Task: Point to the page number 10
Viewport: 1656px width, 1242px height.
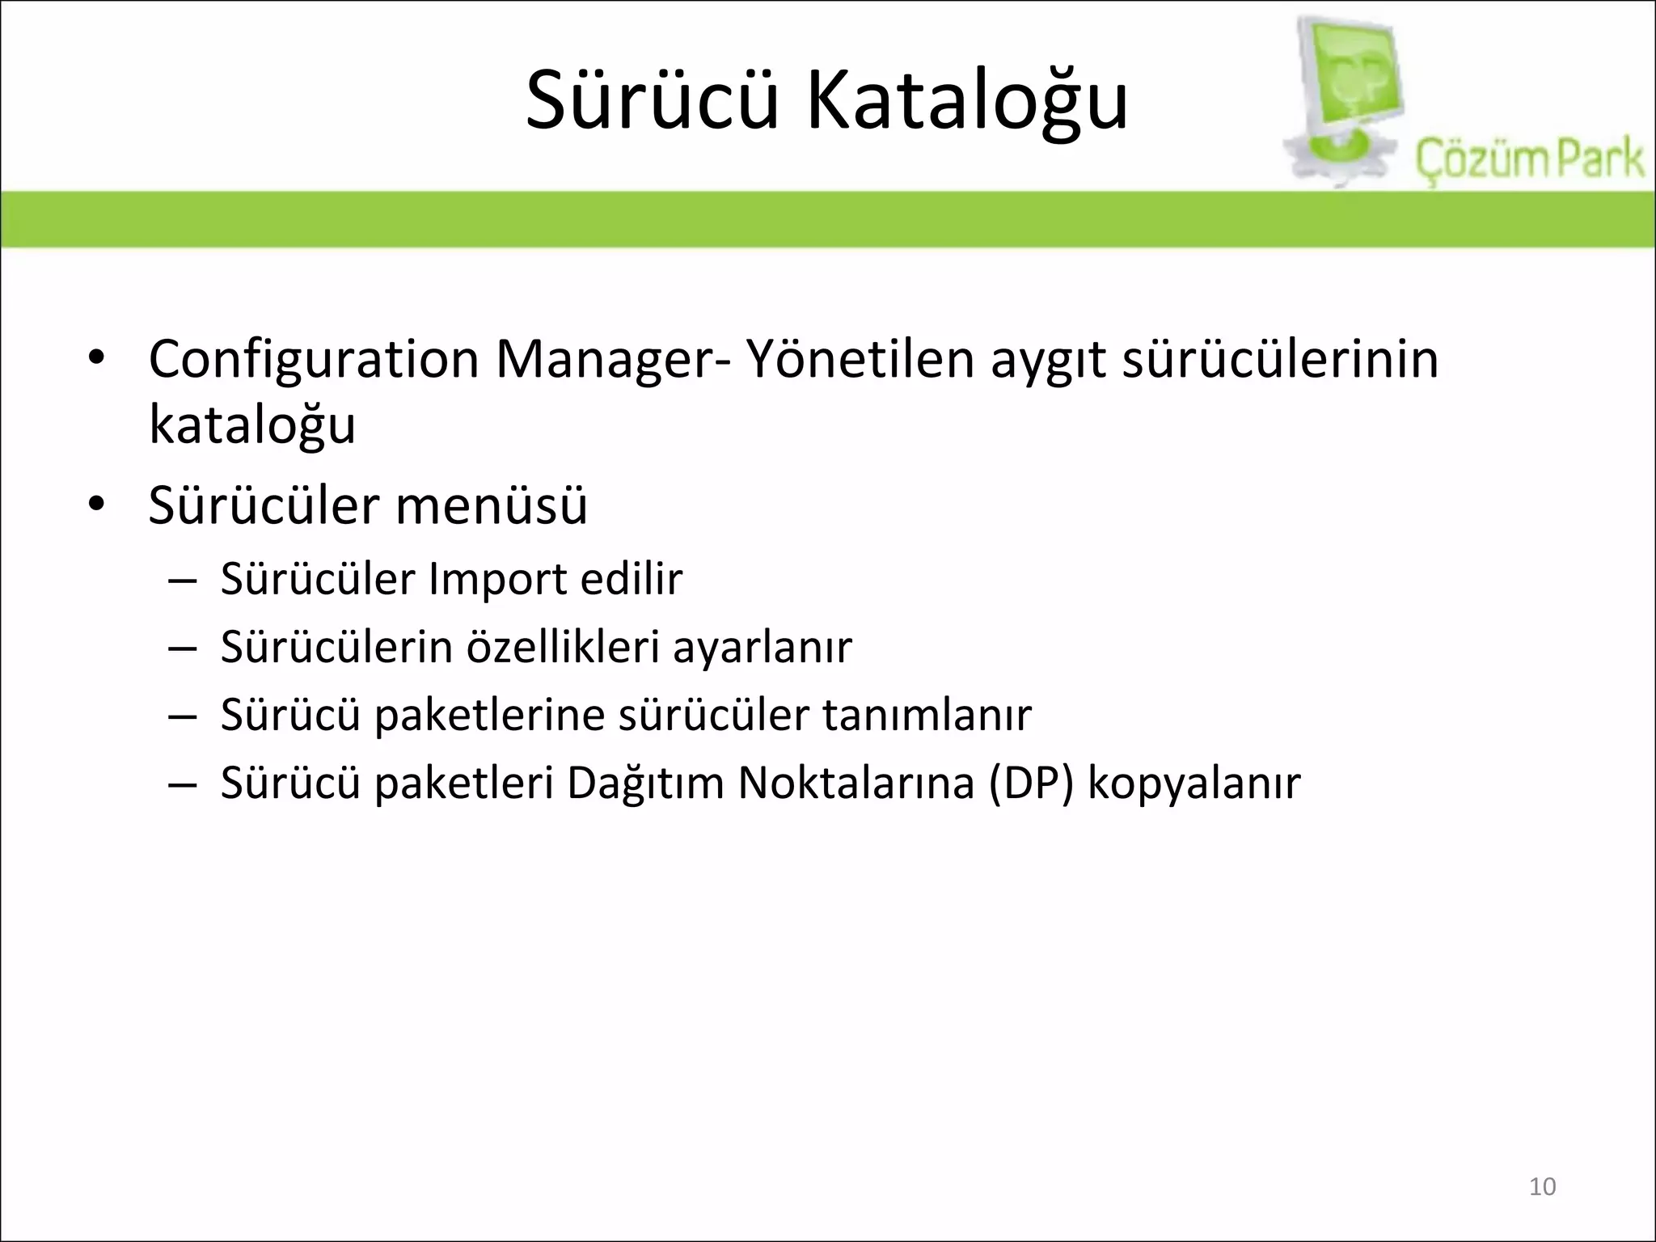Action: point(1543,1186)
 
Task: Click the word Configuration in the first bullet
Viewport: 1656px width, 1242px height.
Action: point(314,360)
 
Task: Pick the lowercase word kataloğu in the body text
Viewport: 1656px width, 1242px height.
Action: point(252,425)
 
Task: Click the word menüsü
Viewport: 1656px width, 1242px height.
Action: point(492,506)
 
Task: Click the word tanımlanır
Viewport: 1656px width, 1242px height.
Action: point(927,715)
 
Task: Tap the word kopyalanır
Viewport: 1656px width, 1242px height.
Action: point(1194,784)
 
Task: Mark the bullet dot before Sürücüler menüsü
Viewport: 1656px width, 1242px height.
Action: point(96,506)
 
